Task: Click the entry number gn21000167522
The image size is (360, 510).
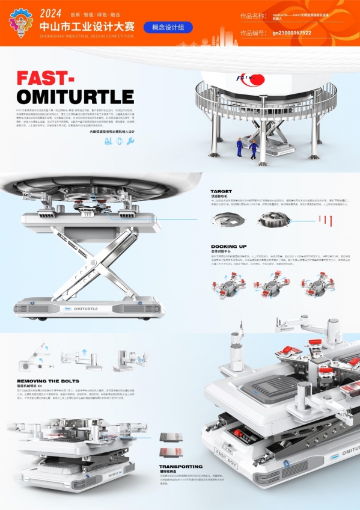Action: coord(291,32)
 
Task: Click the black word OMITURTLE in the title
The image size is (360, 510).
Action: coord(75,96)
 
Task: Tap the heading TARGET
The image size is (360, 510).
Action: coord(221,191)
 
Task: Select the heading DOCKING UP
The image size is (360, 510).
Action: coord(229,247)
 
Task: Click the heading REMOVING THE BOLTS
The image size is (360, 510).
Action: coord(49,381)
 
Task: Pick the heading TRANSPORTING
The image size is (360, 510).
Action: coord(181,466)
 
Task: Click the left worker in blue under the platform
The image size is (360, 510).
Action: coord(240,147)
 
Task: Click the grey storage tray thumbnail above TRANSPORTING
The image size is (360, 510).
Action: coord(166,437)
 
